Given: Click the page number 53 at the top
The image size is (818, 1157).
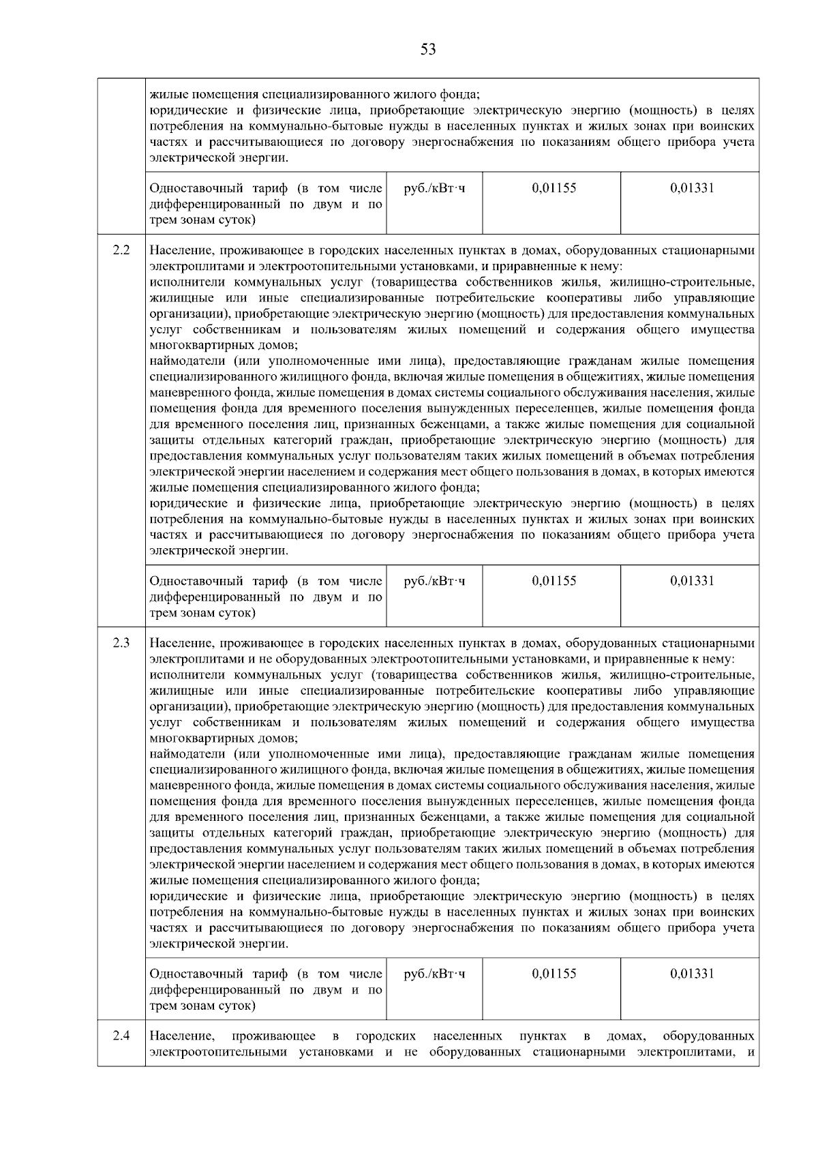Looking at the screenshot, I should [x=428, y=50].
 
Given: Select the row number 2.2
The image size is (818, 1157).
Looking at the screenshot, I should [x=121, y=250].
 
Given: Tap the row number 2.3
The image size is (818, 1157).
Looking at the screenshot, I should [x=121, y=643].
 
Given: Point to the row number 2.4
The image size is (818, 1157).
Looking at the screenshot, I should [x=121, y=1036].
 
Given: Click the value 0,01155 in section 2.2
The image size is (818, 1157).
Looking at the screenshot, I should [x=554, y=581].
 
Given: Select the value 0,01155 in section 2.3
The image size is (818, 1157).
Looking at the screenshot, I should [x=554, y=974].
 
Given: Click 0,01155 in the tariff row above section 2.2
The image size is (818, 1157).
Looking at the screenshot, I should [x=554, y=188].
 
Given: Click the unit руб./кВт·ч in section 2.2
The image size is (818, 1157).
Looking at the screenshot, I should [x=435, y=581].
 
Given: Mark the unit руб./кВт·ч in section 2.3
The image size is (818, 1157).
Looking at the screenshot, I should [x=435, y=974].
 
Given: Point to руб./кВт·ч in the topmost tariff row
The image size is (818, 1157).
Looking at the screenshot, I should [x=435, y=188].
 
